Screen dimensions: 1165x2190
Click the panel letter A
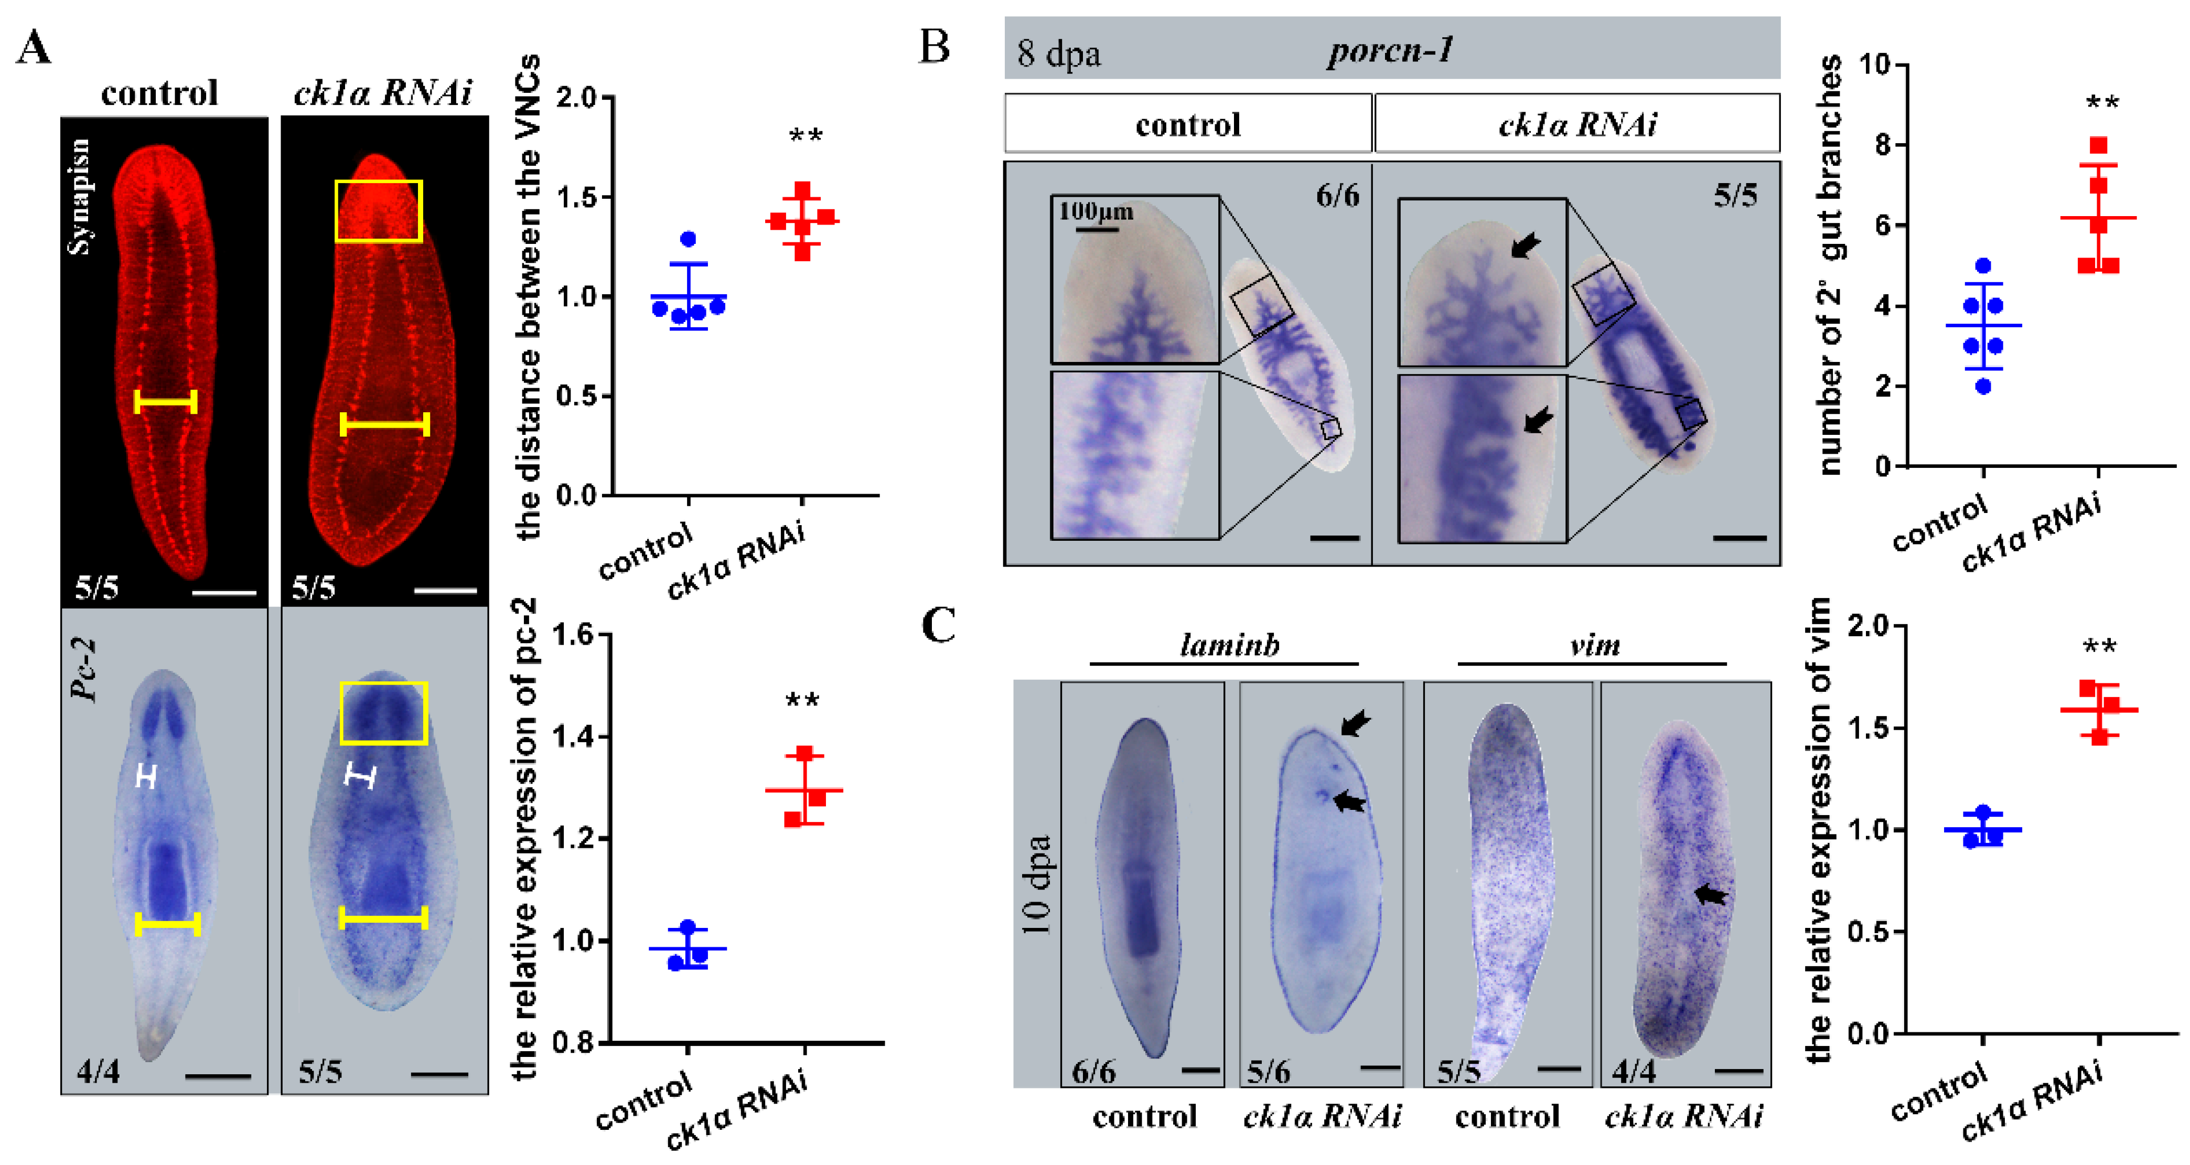[x=34, y=48]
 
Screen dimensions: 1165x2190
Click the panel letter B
[x=935, y=46]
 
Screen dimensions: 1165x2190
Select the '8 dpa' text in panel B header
[x=1058, y=54]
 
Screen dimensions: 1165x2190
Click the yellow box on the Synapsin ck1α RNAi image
[x=378, y=211]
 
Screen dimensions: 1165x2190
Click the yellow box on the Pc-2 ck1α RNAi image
[x=383, y=713]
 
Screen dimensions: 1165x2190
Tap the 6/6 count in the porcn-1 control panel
[x=1337, y=196]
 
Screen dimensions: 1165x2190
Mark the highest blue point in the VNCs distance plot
[x=689, y=239]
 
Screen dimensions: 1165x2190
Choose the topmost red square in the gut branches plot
[x=2098, y=145]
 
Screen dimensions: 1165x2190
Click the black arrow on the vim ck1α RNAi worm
[x=1711, y=894]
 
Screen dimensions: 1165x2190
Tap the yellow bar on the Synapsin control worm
[x=166, y=401]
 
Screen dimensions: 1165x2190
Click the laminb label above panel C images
[x=1229, y=645]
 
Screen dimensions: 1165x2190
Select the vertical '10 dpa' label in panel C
[x=1036, y=884]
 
